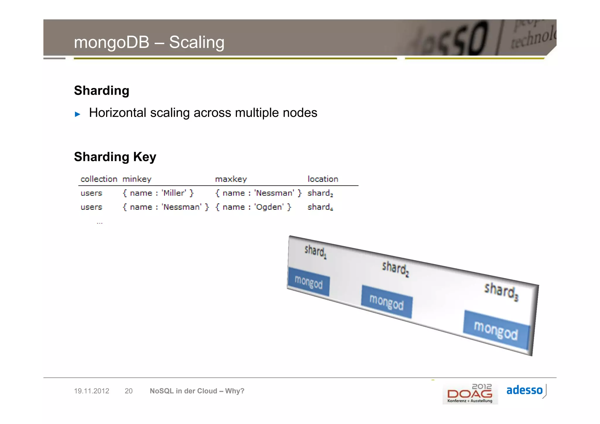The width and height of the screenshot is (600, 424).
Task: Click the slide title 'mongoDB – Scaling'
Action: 149,42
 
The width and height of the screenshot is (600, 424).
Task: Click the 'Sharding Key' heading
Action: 115,157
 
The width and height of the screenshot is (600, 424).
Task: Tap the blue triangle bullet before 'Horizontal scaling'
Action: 78,114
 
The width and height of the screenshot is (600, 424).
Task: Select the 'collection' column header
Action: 99,179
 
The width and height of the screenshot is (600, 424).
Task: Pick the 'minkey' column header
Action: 137,179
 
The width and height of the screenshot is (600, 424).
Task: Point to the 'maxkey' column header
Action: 231,179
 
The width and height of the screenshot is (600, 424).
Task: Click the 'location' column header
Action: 323,179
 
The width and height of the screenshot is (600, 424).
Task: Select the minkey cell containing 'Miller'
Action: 158,193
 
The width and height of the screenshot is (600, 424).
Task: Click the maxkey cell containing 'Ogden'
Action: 253,207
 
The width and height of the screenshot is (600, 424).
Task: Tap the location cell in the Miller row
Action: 320,193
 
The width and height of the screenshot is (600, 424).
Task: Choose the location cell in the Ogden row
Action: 320,207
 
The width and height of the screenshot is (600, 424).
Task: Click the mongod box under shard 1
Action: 308,282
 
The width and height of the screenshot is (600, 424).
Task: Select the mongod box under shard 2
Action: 386,302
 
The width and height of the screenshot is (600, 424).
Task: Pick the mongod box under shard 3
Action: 496,330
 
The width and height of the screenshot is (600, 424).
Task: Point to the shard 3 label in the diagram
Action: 501,291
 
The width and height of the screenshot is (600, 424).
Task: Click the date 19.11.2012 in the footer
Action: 91,391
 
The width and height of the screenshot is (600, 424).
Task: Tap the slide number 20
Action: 129,391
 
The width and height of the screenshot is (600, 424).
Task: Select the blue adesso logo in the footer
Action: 524,390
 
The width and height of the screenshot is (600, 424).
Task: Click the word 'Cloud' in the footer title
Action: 207,391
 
